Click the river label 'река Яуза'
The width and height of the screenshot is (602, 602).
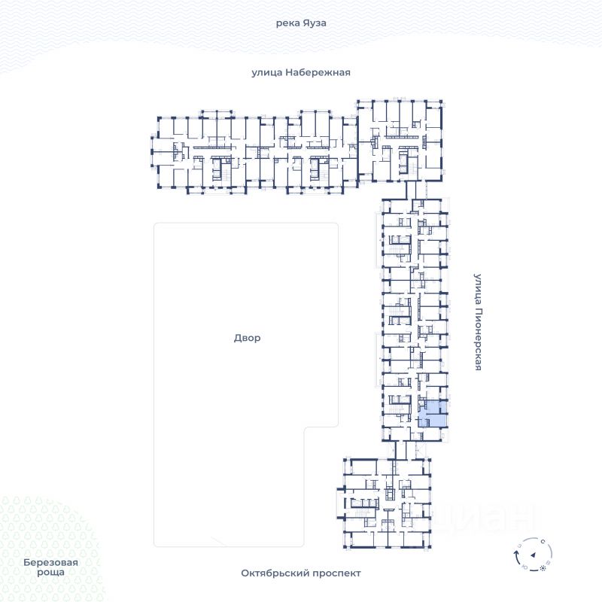coord(301,23)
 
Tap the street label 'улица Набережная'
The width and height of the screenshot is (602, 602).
coord(301,72)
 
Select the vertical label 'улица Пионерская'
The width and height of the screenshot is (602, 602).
coord(477,322)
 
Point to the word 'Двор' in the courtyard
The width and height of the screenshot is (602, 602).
coord(247,338)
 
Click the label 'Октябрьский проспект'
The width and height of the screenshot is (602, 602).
coord(301,573)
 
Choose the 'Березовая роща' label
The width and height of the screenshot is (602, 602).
coord(50,567)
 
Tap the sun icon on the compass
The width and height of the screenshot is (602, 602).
coord(543,567)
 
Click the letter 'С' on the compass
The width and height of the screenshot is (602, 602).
coord(543,541)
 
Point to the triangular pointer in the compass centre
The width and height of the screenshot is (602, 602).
coord(532,555)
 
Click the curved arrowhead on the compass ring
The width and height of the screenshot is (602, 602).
coord(516,551)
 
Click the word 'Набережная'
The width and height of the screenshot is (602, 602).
coord(318,72)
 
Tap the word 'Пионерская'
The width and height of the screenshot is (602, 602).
coord(477,339)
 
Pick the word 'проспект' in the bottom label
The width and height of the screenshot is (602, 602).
coord(336,573)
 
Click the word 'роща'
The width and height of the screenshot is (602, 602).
coord(50,572)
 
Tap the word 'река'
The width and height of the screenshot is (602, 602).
coord(287,23)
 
